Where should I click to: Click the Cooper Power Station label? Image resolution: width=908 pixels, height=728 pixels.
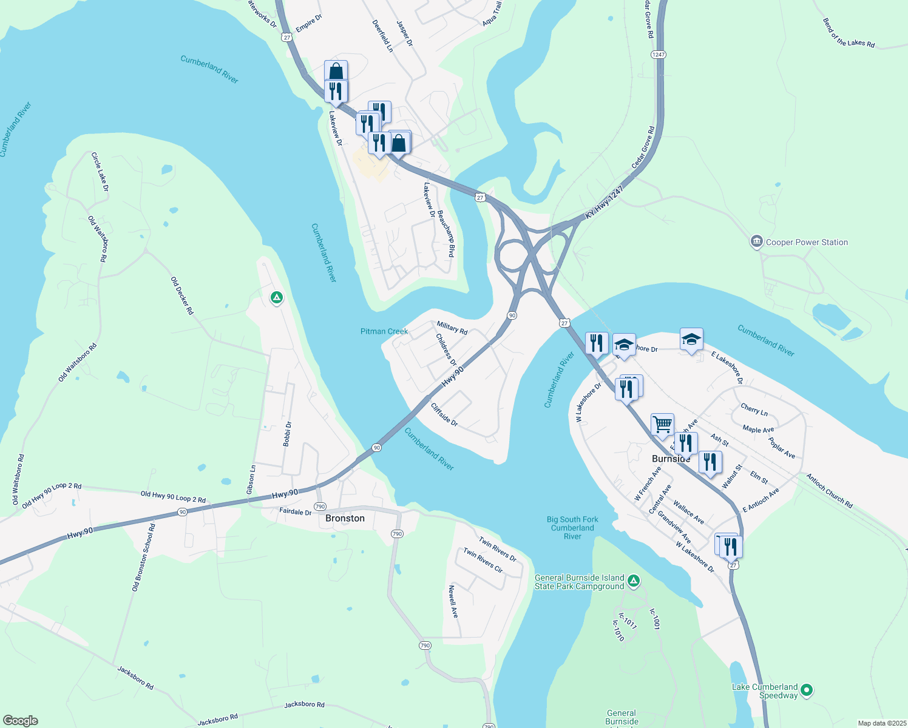click(x=807, y=242)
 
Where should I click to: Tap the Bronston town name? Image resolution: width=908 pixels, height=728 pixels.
click(x=345, y=518)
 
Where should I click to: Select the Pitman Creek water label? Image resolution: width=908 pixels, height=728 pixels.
click(x=384, y=331)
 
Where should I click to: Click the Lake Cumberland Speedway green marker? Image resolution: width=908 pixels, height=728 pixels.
click(x=807, y=690)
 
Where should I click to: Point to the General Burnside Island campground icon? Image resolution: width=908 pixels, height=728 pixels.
click(x=633, y=581)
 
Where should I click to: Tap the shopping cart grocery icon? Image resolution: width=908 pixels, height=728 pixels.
click(x=662, y=424)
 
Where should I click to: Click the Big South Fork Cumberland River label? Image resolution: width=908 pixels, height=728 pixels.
click(x=572, y=528)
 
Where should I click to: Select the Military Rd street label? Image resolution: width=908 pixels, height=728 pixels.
click(x=452, y=328)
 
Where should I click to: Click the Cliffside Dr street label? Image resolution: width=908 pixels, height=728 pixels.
click(x=444, y=414)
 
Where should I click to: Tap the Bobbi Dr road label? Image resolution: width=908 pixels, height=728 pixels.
click(x=288, y=434)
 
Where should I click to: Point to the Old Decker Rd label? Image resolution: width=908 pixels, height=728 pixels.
click(x=182, y=295)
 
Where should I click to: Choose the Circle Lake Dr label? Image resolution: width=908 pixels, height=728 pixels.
click(x=100, y=172)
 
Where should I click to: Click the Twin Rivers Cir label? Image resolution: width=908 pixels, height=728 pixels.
click(x=483, y=560)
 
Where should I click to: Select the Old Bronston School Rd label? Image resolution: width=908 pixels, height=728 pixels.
click(x=144, y=557)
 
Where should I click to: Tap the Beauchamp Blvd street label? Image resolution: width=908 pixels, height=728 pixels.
click(x=446, y=234)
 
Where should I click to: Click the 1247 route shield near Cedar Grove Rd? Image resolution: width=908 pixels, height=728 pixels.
click(x=659, y=55)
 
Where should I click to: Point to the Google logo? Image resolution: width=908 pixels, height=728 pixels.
click(x=21, y=721)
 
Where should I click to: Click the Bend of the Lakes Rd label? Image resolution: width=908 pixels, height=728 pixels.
click(x=849, y=33)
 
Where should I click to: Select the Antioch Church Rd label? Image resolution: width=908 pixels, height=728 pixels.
click(x=829, y=491)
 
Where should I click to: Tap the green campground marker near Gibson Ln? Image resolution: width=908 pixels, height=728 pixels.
click(x=277, y=297)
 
